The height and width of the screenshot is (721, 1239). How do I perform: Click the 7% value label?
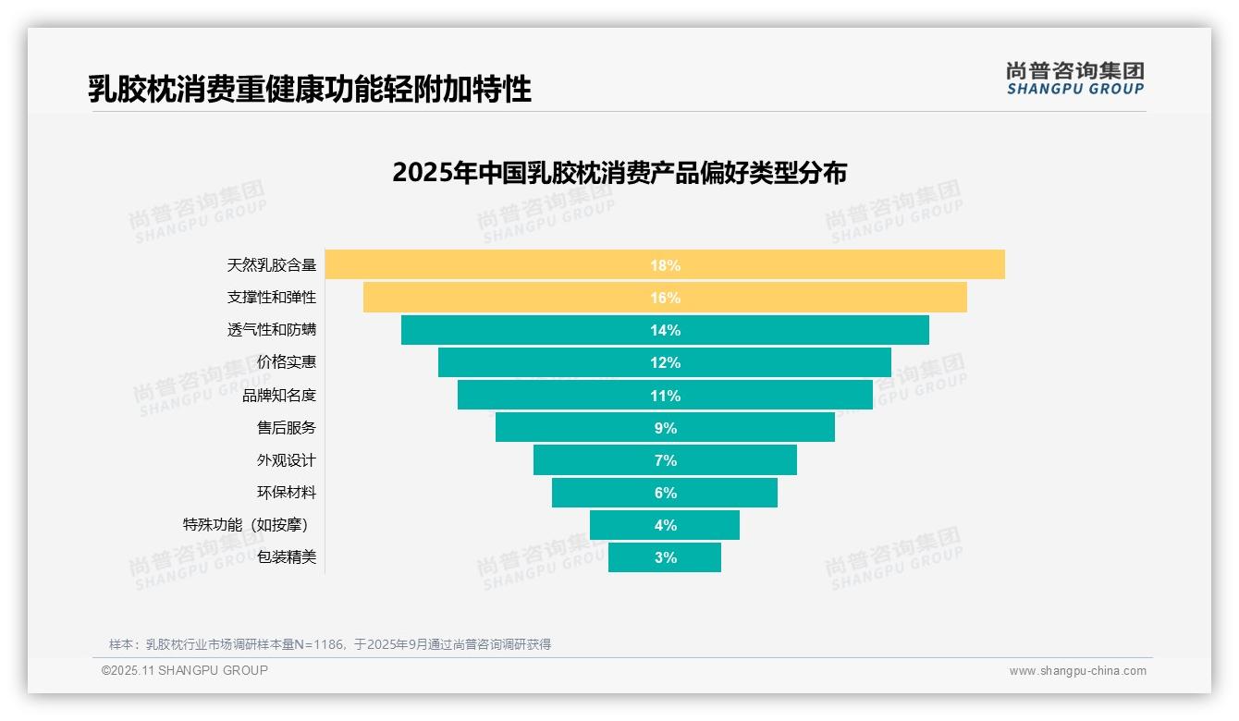click(x=665, y=460)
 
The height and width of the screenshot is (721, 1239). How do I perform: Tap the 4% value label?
click(x=665, y=525)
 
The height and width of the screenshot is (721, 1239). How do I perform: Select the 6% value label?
click(x=665, y=493)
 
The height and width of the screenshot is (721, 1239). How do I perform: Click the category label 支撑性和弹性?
click(x=272, y=298)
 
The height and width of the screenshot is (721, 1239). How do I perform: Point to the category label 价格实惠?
click(x=287, y=362)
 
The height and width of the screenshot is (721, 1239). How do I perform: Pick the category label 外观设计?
click(x=287, y=460)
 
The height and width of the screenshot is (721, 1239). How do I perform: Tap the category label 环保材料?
click(x=287, y=493)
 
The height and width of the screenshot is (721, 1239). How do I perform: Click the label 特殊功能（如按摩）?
click(x=246, y=525)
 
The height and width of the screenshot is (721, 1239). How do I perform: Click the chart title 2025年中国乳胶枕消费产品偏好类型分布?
click(x=619, y=173)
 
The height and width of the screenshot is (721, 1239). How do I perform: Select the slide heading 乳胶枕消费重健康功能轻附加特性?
click(x=310, y=89)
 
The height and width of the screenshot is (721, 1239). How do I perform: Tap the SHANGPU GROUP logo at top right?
click(x=1075, y=79)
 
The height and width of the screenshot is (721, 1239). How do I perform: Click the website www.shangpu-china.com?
click(x=1077, y=671)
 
